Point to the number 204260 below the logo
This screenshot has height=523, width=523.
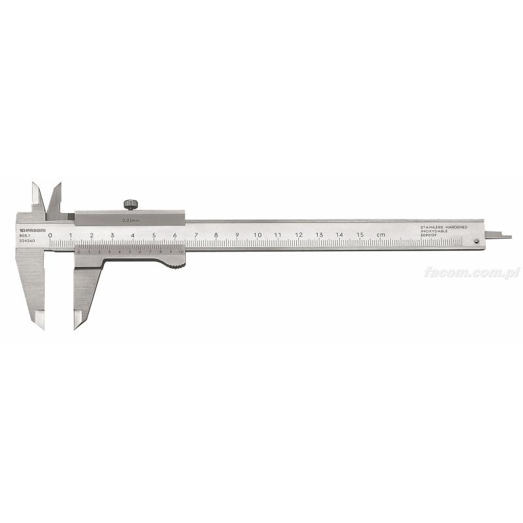(27, 242)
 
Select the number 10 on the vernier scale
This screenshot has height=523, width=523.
(180, 252)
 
